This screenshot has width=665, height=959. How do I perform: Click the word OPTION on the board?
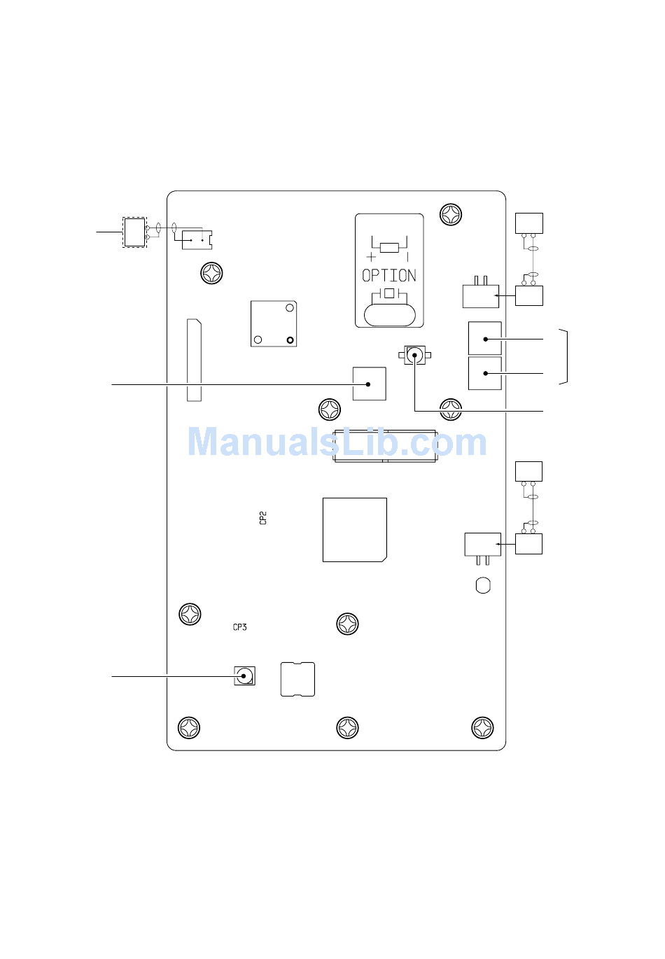[389, 276]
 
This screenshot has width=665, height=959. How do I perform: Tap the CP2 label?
[263, 518]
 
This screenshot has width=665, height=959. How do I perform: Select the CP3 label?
[240, 627]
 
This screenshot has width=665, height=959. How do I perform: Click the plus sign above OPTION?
[371, 257]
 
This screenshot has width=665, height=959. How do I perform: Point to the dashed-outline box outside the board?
[134, 232]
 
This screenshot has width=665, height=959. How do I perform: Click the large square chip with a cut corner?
[354, 529]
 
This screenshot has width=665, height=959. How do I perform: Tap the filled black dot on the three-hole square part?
[290, 340]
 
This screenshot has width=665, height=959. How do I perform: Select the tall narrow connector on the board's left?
[194, 360]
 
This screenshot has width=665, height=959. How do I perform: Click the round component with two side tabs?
[415, 356]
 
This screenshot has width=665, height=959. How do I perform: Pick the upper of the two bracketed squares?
[484, 339]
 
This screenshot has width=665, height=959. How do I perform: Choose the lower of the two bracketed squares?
[484, 373]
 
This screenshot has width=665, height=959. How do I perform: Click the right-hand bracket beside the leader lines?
[564, 356]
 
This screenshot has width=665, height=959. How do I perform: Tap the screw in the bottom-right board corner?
[482, 728]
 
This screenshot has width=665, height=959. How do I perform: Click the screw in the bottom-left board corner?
[190, 728]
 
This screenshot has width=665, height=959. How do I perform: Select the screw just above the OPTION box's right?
[451, 214]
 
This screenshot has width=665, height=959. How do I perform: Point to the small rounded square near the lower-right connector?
[483, 585]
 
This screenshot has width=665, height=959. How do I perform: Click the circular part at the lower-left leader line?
[244, 676]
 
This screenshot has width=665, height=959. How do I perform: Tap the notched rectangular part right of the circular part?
[297, 679]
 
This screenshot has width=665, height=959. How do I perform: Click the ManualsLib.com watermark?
[337, 442]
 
